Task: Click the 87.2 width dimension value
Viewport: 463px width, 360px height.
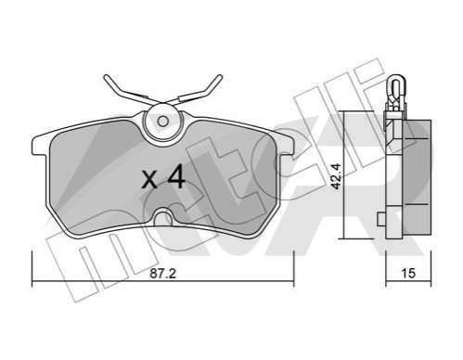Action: coord(163,274)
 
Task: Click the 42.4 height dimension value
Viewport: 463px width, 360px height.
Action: coord(335,175)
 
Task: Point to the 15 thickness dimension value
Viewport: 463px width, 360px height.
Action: coord(408,273)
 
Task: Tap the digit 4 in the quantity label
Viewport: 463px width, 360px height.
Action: coord(176,178)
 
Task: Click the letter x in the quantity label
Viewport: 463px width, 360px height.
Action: coord(149,181)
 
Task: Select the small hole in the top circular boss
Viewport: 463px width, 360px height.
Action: coord(162,122)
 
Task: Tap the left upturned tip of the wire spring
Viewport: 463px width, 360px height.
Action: coord(107,77)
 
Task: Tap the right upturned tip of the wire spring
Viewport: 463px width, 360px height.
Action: coord(219,77)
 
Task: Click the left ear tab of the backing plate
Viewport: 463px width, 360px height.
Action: coord(39,146)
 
